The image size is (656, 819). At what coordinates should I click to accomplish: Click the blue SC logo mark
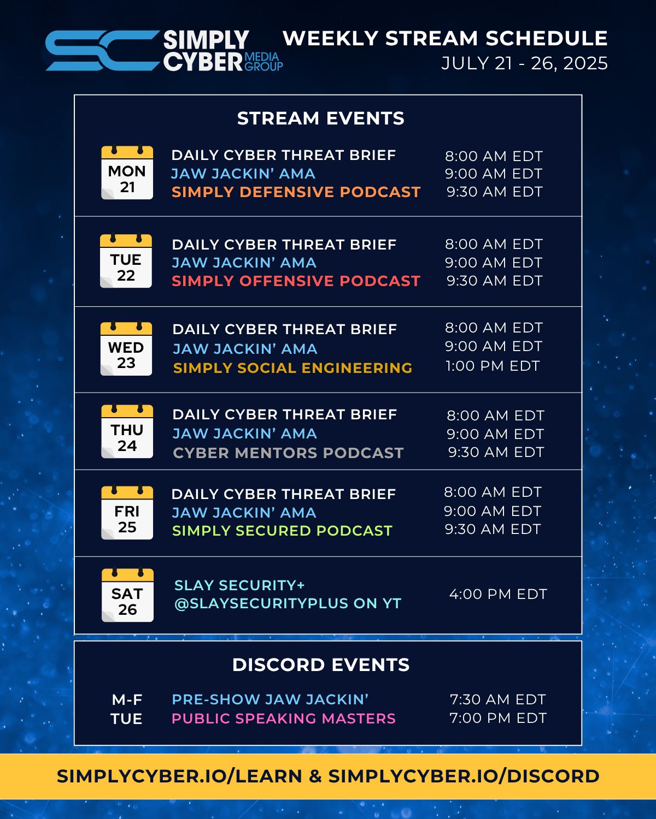(103, 50)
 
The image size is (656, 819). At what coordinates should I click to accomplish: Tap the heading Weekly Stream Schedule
(445, 38)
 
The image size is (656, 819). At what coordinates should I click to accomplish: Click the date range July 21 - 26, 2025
(524, 63)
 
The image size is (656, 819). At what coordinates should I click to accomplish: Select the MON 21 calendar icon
(127, 173)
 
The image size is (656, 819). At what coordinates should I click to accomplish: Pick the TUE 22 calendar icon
(126, 260)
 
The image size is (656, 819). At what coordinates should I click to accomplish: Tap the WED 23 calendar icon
(126, 348)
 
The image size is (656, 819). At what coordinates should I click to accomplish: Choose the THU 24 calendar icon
(127, 431)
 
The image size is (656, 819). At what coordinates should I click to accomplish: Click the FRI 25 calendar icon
(127, 513)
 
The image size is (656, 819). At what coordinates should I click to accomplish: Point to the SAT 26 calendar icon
(127, 595)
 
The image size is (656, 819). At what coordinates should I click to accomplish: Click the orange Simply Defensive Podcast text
(296, 192)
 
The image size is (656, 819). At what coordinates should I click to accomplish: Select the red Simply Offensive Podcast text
(296, 281)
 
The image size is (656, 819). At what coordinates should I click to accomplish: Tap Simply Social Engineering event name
(293, 368)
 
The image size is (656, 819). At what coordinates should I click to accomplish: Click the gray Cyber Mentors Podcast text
(288, 453)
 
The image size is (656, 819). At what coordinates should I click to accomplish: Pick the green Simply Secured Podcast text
(282, 531)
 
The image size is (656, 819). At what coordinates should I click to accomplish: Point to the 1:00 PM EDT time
(493, 366)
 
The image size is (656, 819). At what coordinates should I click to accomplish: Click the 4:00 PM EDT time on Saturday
(498, 594)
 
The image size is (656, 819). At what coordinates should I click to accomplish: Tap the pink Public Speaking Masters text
(284, 719)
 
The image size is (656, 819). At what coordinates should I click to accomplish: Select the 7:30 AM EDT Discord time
(498, 699)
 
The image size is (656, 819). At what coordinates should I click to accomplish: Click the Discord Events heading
(321, 665)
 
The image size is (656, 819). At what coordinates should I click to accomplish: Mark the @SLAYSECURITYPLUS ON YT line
(288, 603)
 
